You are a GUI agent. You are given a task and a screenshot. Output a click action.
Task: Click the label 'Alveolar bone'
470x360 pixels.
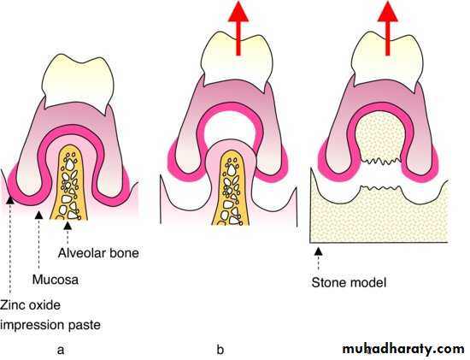[98, 253]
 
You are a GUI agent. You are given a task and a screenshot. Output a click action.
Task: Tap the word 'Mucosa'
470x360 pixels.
[56, 280]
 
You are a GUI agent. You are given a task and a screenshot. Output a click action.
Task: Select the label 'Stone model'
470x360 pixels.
[349, 282]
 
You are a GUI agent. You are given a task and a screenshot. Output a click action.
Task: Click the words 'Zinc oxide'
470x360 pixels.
[30, 305]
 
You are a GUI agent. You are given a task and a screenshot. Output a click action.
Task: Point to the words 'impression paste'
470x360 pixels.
[50, 325]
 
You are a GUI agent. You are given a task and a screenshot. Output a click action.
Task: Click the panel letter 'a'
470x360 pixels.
[61, 350]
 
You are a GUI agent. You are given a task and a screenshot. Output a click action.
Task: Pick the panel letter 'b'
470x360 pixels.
[220, 349]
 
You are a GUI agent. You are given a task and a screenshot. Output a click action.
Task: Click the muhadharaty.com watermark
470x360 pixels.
[403, 349]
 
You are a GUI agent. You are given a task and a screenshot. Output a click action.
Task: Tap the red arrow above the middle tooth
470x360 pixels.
[238, 28]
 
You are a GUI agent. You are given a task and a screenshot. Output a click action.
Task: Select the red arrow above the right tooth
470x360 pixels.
[388, 28]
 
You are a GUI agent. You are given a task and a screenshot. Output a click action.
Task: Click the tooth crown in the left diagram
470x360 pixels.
[78, 82]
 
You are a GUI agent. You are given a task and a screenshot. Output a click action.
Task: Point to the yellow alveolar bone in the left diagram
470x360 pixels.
[68, 182]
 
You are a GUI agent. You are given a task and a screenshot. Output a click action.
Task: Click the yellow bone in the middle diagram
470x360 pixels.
[231, 189]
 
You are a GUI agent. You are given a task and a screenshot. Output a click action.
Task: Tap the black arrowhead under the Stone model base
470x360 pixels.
[319, 251]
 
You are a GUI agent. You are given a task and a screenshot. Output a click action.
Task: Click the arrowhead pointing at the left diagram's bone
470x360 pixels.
[68, 225]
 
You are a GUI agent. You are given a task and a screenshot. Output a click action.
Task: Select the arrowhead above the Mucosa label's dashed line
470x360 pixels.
[39, 215]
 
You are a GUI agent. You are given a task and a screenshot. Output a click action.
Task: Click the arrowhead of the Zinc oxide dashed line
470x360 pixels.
[10, 200]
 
